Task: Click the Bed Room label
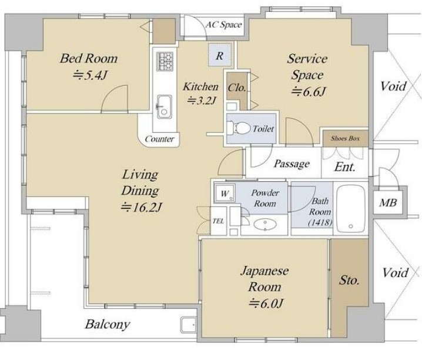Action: point(89,58)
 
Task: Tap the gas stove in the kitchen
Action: point(165,61)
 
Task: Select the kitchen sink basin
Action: point(164,106)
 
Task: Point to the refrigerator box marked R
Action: point(220,55)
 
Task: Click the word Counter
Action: point(159,139)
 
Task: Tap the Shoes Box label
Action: point(345,138)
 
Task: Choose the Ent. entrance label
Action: point(344,167)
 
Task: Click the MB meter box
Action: point(388,202)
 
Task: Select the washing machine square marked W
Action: point(225,193)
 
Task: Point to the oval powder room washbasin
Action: point(265,225)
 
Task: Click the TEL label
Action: point(218,221)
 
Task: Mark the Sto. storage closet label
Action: point(349,281)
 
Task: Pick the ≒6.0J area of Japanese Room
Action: point(265,304)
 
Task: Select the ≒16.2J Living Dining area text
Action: point(141,207)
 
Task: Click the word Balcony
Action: point(108,324)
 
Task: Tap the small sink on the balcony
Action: point(189,325)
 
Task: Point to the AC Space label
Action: point(224,25)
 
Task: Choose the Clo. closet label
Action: point(237,88)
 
